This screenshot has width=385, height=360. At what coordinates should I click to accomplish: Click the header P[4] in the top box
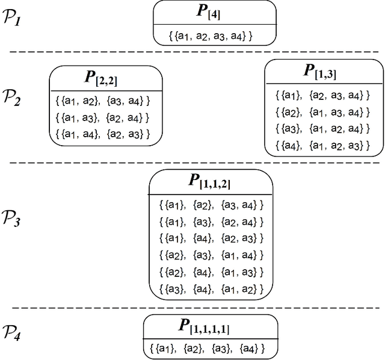[215, 13]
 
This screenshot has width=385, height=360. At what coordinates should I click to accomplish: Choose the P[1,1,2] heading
[211, 181]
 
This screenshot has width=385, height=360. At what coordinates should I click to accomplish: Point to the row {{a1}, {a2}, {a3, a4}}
[211, 205]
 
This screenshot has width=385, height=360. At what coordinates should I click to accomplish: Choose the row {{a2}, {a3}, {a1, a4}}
[211, 255]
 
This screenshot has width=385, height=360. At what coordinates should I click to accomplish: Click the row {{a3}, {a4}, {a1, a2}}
[211, 289]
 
